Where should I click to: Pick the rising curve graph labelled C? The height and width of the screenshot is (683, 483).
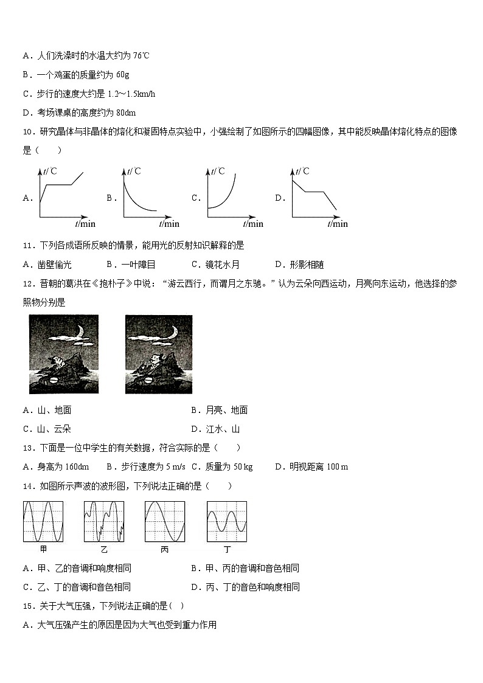[231, 196]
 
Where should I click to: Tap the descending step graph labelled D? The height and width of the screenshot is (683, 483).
[316, 196]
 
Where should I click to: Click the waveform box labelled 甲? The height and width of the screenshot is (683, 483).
[43, 521]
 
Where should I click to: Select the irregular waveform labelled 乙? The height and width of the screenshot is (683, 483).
[104, 521]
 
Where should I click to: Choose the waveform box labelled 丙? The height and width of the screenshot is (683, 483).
[165, 521]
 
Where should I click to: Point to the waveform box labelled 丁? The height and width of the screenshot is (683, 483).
[227, 521]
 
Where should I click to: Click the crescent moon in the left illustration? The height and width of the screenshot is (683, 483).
[81, 333]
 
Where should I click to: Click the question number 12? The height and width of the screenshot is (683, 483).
[29, 284]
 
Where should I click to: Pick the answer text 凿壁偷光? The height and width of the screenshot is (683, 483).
[54, 265]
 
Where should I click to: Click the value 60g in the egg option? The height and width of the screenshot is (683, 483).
[123, 75]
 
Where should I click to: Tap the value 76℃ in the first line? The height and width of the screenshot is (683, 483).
[141, 55]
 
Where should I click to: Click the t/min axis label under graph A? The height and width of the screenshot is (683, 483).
[85, 224]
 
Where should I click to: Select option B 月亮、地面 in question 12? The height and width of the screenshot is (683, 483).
[220, 410]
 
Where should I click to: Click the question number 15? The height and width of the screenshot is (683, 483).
[29, 606]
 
